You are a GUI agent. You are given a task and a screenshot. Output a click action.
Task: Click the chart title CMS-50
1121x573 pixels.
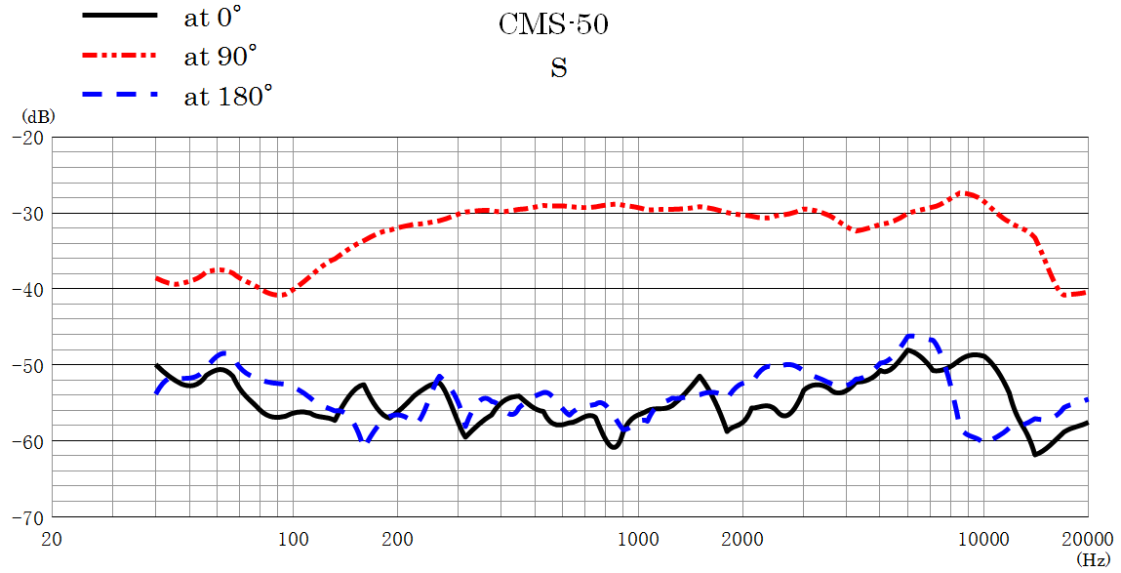(x=553, y=24)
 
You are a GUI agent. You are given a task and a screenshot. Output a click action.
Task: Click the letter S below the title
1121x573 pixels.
(x=558, y=68)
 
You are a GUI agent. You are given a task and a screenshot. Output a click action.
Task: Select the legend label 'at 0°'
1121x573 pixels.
(x=212, y=17)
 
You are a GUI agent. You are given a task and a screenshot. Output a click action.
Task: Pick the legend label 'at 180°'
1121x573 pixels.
(x=228, y=96)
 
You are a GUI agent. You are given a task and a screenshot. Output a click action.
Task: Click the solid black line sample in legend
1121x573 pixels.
(x=120, y=16)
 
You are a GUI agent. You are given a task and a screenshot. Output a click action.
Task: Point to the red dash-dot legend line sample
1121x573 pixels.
(x=120, y=56)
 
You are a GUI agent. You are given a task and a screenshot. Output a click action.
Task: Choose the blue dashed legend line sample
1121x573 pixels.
(x=120, y=96)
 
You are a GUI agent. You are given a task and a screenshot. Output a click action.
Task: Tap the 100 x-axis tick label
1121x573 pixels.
(x=293, y=538)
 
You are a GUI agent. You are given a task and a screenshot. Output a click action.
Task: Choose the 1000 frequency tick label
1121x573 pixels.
(x=638, y=538)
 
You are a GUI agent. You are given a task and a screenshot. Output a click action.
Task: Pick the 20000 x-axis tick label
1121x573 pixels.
(x=1087, y=538)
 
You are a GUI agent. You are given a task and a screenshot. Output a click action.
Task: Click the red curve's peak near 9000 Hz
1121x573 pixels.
(x=966, y=193)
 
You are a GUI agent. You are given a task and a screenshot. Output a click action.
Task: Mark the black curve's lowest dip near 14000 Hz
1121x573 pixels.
(x=1035, y=454)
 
